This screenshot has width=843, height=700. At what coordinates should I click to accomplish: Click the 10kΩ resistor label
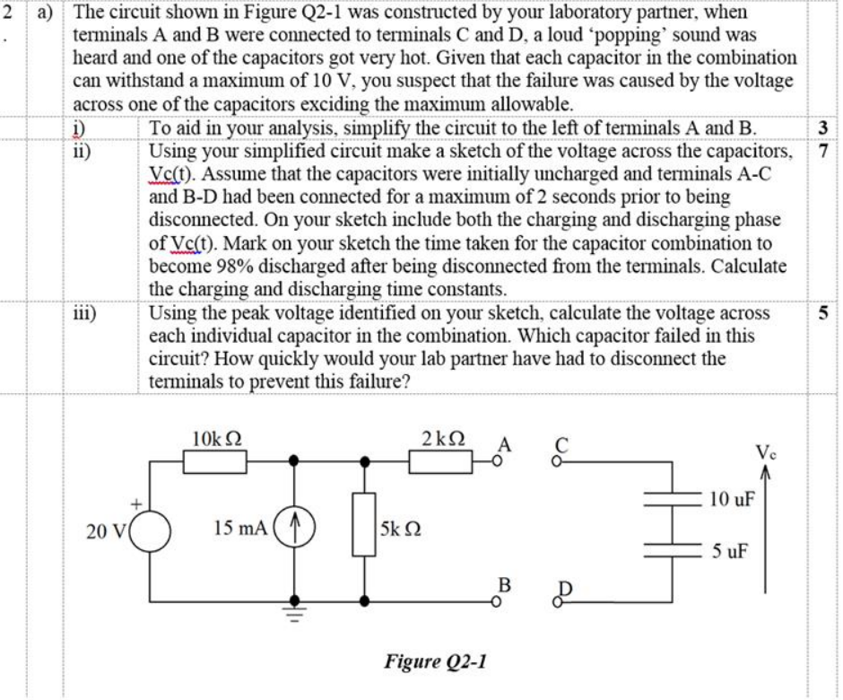click(x=215, y=439)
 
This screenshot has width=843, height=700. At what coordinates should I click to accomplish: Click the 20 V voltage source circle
click(x=151, y=529)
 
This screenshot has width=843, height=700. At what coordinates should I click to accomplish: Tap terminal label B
click(x=504, y=585)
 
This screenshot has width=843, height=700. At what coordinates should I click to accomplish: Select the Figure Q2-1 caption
click(x=435, y=661)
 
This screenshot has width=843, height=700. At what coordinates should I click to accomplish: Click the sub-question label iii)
click(x=86, y=313)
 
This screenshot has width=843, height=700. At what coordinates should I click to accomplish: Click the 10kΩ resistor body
click(x=215, y=461)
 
